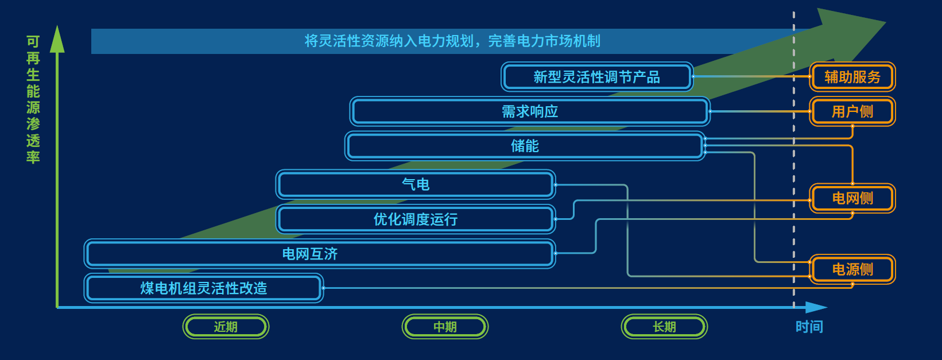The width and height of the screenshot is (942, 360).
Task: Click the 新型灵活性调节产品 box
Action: (x=596, y=77)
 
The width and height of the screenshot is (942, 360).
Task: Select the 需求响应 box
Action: (x=529, y=111)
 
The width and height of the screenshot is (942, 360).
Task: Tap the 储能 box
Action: (x=525, y=146)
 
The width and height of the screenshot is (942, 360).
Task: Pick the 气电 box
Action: (x=416, y=184)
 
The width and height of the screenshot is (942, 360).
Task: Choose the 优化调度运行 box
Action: (x=416, y=219)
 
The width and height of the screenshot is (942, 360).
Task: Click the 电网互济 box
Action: (x=320, y=254)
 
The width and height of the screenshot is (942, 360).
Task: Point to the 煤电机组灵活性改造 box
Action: (x=204, y=288)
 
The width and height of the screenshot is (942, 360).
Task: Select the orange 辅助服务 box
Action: (x=852, y=77)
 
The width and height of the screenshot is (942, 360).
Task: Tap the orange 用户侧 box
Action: (x=852, y=111)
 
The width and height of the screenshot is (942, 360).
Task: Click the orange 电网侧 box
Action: (x=852, y=199)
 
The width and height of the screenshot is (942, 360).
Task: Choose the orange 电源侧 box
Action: (x=852, y=269)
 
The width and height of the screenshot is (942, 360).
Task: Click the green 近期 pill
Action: (x=226, y=327)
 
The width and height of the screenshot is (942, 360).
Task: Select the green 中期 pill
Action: (x=445, y=327)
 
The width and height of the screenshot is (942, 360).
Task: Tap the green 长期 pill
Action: (x=664, y=327)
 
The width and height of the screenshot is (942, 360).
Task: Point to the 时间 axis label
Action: (x=809, y=327)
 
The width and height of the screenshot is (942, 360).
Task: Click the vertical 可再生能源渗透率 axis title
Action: (x=33, y=99)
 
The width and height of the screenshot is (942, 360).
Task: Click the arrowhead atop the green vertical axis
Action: (x=57, y=39)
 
